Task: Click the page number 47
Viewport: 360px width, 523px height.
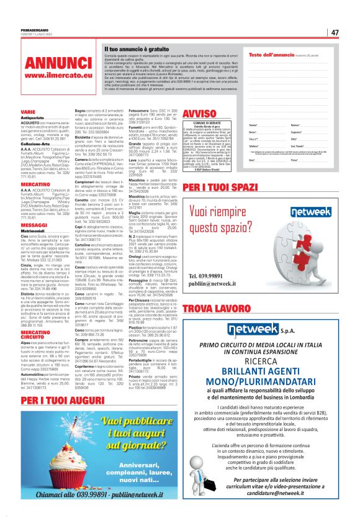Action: tap(334, 32)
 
